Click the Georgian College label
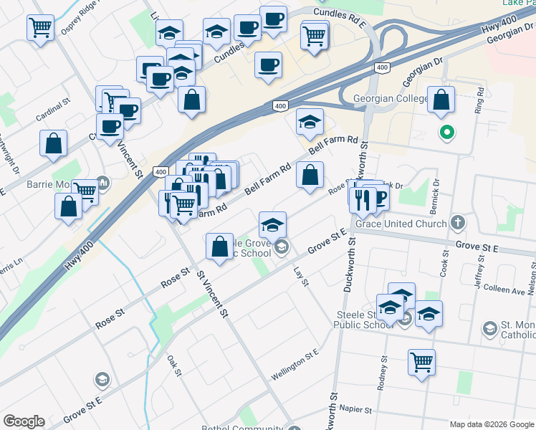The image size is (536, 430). point(390,97)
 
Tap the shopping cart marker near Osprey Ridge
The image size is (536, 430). point(41,29)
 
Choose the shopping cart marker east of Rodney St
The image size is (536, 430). point(422,363)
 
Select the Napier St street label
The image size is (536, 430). point(357,411)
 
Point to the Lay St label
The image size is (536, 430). point(300,277)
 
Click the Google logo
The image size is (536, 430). point(23,421)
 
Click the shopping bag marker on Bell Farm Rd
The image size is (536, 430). point(309,176)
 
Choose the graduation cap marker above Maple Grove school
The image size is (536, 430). point(272,225)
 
